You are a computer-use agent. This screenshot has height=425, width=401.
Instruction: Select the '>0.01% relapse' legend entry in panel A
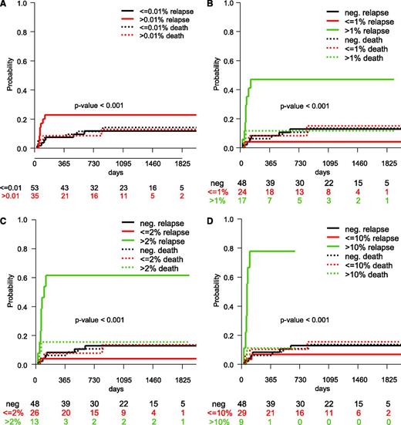160,23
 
